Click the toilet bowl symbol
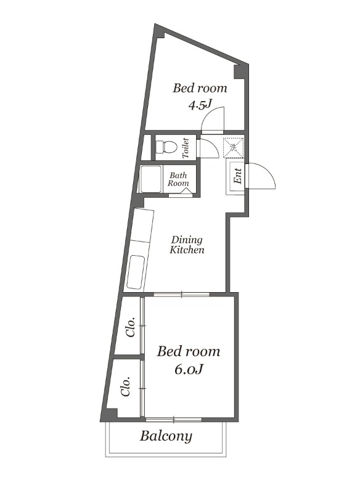[x=166, y=147]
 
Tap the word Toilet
[x=186, y=148]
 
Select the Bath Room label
[x=178, y=179]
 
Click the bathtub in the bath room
[x=151, y=179]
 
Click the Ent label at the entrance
[x=238, y=176]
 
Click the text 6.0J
[x=188, y=369]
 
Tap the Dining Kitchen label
[x=187, y=245]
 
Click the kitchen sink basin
[x=136, y=272]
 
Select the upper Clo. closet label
[x=131, y=327]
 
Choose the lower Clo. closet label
[x=126, y=386]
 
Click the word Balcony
[x=166, y=436]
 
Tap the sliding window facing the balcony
[x=174, y=419]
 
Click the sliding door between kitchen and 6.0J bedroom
[x=181, y=295]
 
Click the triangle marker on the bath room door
[x=186, y=191]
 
